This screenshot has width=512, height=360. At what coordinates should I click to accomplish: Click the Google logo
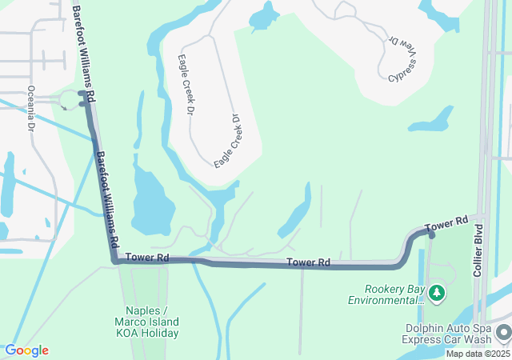[26, 350]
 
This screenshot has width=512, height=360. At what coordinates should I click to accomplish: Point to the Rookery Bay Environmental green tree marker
[437, 294]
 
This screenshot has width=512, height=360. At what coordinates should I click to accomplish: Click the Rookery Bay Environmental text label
[386, 294]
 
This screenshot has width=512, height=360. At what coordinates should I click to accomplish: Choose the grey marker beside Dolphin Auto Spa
[503, 331]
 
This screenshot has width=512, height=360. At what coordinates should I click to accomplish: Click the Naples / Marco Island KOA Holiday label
[152, 322]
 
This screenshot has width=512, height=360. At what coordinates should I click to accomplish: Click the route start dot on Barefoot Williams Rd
[82, 94]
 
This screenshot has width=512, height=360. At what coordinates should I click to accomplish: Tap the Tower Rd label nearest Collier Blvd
[446, 226]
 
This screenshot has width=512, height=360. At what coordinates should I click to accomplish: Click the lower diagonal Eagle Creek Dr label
[228, 140]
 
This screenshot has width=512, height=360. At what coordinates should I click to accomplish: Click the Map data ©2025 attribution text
[477, 354]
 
